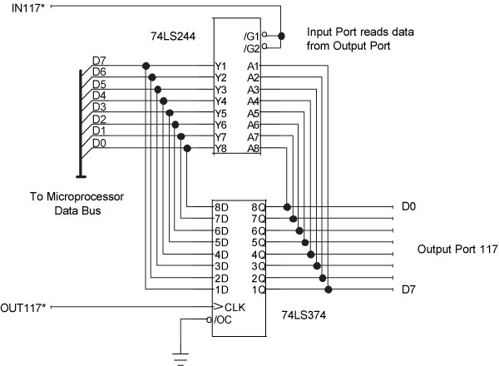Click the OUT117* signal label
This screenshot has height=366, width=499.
tap(23, 307)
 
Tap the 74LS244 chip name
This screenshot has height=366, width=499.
tap(170, 37)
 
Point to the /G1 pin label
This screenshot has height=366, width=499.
tap(250, 37)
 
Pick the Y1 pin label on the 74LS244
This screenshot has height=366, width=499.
tap(221, 66)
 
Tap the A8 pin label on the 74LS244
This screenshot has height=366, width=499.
tap(254, 148)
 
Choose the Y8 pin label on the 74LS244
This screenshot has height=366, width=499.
tap(221, 148)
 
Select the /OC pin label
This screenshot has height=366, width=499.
tap(224, 320)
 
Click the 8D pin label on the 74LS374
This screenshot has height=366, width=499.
tap(220, 206)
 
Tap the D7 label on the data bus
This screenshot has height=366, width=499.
tap(99, 61)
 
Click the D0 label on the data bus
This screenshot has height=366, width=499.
tap(99, 143)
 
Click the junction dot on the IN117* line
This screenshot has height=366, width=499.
tap(282, 36)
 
